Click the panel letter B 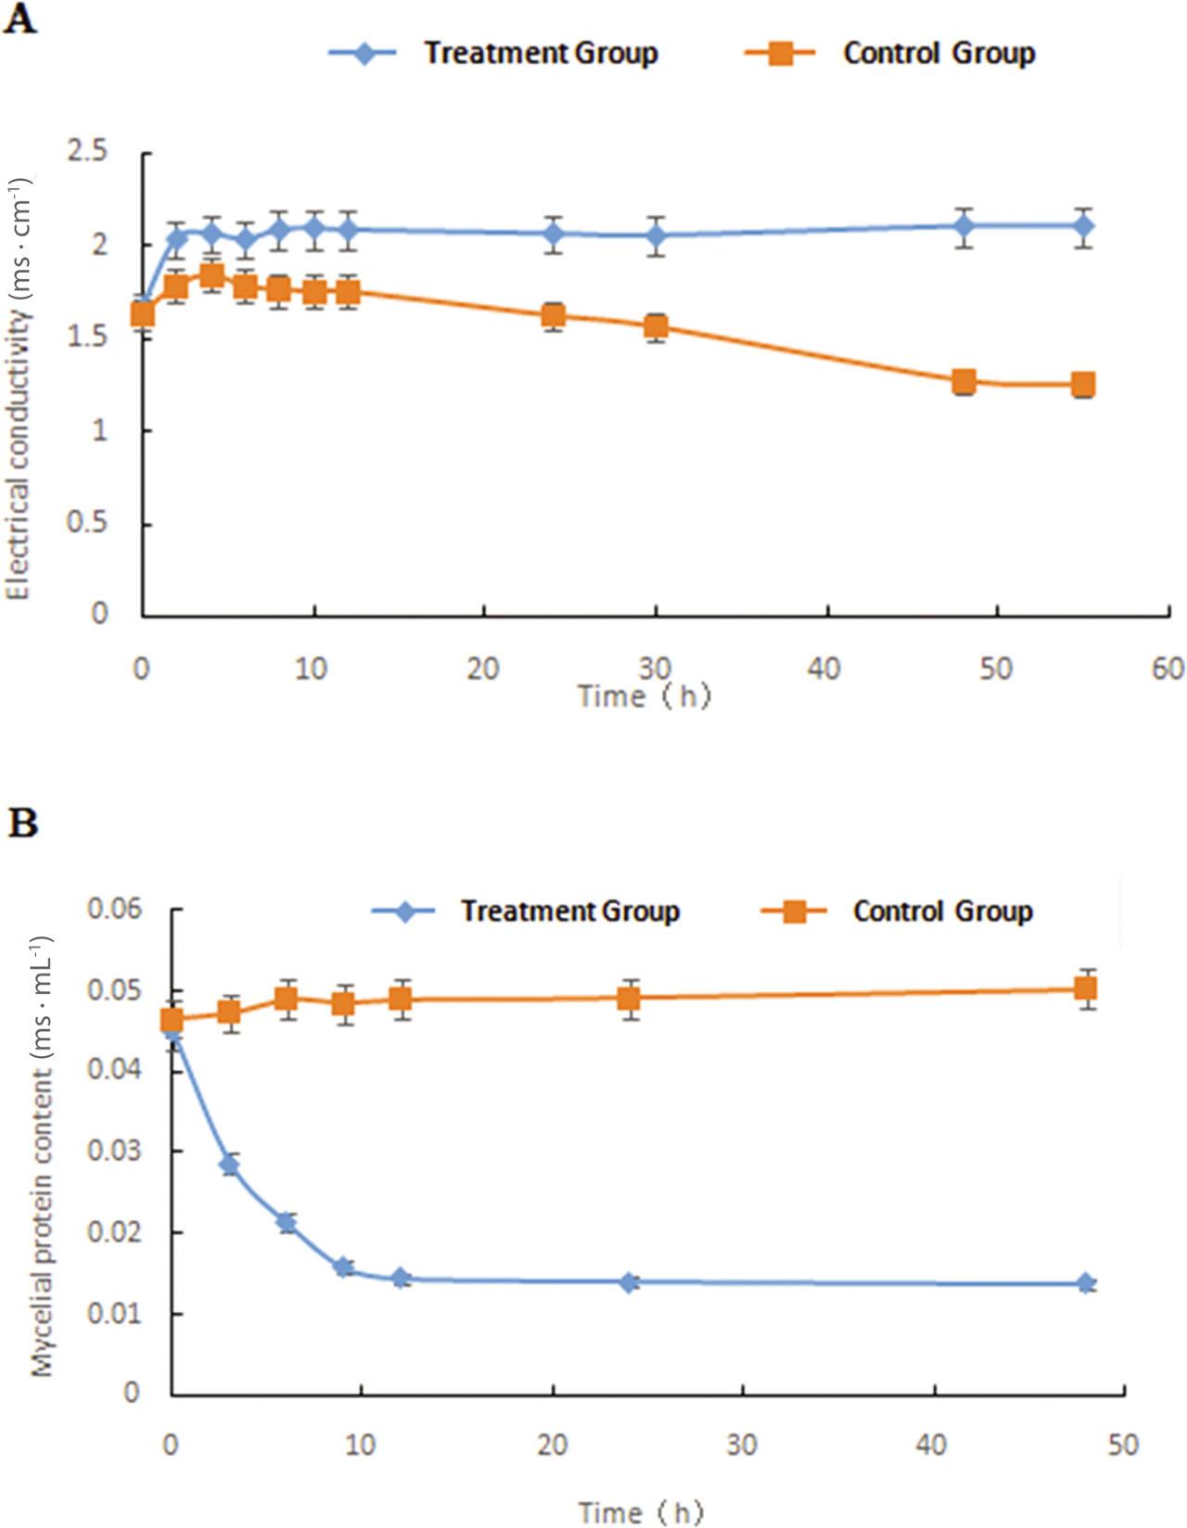tap(22, 822)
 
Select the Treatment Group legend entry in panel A tap(541, 53)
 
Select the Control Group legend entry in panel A tap(938, 53)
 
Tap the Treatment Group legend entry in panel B tap(570, 911)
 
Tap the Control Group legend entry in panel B tap(942, 911)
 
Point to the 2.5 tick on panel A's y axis tap(87, 151)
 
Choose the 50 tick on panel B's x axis tap(1122, 1445)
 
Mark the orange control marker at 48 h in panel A tap(964, 382)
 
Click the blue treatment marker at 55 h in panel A tap(1083, 225)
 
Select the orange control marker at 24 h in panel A tap(554, 315)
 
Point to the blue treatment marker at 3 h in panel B tap(229, 1165)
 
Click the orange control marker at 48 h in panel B tap(1086, 988)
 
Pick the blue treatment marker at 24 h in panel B tap(630, 1283)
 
